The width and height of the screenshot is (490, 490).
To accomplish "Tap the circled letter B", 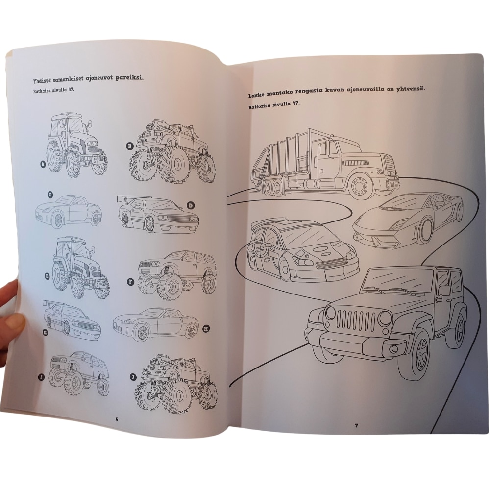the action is click(129, 146).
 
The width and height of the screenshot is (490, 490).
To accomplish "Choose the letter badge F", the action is click(131, 282).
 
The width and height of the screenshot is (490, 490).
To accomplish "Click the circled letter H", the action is click(206, 328).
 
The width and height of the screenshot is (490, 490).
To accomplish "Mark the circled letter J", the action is click(133, 377).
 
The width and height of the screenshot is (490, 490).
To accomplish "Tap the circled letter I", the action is click(42, 377).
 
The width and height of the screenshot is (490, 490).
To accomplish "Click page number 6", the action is click(117, 419).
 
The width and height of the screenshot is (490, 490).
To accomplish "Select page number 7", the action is click(356, 425).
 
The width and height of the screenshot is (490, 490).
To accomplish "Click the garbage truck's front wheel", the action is click(361, 186).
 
